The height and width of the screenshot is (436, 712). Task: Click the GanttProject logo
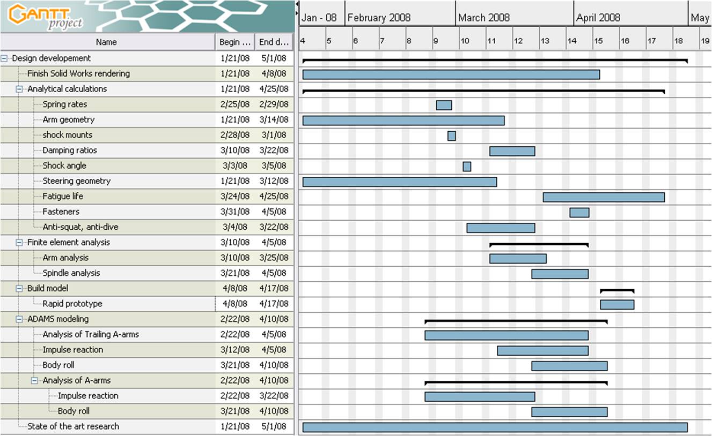tap(46, 16)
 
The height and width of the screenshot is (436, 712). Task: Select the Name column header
tap(106, 42)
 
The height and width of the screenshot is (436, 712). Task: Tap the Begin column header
tap(234, 42)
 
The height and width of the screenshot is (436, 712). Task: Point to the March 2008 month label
tap(483, 18)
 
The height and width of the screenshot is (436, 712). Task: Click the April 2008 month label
tap(598, 18)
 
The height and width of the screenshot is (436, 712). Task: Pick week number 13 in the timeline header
tap(545, 41)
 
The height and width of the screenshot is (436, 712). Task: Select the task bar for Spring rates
tap(444, 105)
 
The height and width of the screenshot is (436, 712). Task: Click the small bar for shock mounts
tap(452, 136)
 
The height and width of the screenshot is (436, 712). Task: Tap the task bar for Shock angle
tap(467, 167)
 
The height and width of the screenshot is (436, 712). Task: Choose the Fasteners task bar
tap(579, 213)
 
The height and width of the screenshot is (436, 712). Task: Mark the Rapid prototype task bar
tap(617, 304)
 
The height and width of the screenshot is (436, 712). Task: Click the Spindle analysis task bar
tap(560, 274)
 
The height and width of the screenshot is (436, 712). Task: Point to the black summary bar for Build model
tap(617, 290)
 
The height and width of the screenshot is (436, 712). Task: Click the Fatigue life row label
tap(63, 196)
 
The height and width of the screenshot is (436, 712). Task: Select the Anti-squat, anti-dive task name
tap(80, 227)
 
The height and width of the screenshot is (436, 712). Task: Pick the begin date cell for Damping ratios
tap(234, 150)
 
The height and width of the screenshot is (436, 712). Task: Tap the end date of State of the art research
tap(274, 426)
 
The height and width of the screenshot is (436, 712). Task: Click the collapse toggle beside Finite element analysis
tap(20, 242)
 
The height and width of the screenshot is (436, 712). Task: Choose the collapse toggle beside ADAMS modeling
tap(20, 319)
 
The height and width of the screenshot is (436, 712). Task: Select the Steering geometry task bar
tap(399, 182)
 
